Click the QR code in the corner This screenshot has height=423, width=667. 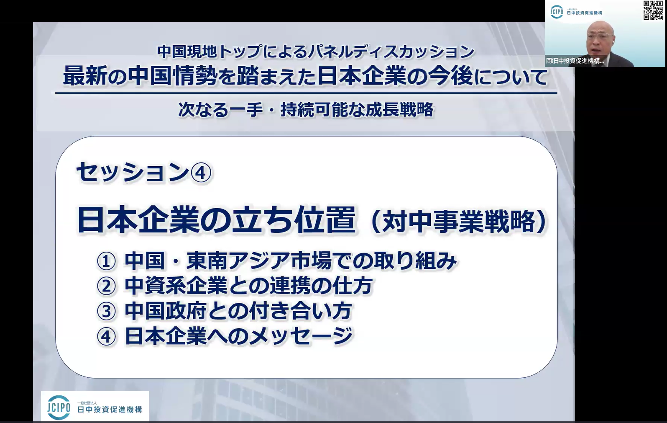(x=653, y=10)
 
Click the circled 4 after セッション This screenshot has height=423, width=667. (x=201, y=173)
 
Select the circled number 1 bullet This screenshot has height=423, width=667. (x=106, y=261)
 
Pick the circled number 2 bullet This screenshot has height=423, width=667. (x=106, y=286)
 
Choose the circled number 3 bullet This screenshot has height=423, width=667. (x=106, y=312)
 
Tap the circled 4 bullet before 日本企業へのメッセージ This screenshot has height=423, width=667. (x=106, y=336)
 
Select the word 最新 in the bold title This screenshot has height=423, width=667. (x=85, y=76)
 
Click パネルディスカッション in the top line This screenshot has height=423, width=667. (x=391, y=52)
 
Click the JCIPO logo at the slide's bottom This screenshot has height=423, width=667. (x=95, y=407)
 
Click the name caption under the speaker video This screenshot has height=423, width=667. (x=575, y=61)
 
